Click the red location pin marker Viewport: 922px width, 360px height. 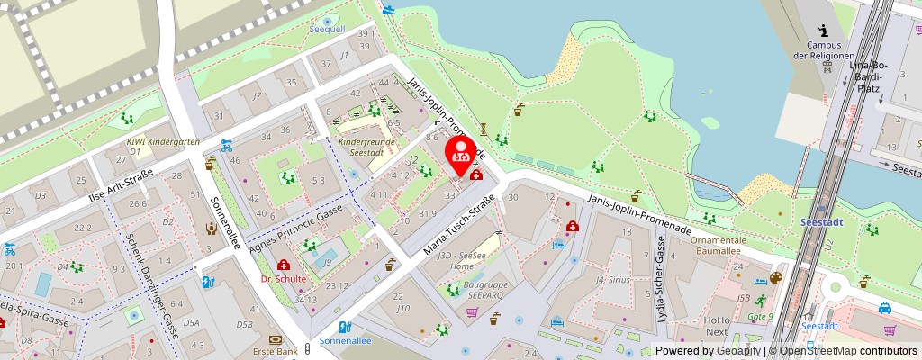click(462, 152)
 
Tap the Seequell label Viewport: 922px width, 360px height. click(327, 30)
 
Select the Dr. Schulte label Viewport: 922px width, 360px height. click(284, 279)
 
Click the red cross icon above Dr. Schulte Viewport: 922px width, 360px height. click(284, 265)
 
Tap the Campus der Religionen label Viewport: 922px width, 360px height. click(824, 50)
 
